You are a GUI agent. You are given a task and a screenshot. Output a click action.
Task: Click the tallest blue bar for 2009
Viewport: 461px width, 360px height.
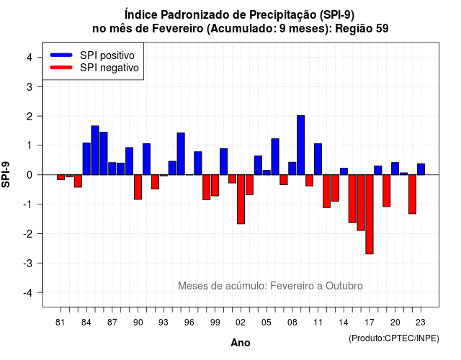(301, 145)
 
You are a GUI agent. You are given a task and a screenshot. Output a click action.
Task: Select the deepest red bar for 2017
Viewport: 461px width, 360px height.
(370, 215)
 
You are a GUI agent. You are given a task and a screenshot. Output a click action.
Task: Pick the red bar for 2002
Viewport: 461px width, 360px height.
(241, 199)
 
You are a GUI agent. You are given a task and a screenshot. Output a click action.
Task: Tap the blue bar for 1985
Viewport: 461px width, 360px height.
(95, 150)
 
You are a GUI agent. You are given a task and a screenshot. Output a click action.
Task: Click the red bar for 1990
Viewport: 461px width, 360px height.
(138, 187)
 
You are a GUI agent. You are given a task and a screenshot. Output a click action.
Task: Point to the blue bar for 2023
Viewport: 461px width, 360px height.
(421, 169)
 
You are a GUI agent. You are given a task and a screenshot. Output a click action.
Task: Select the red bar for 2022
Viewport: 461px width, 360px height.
(413, 194)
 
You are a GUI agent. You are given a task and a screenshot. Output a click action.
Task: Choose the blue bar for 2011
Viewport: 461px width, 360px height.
(318, 159)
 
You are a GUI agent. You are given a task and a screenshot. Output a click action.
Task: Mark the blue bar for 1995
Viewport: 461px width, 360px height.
(181, 153)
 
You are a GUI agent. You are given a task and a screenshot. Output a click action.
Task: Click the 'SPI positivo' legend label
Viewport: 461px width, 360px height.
(107, 55)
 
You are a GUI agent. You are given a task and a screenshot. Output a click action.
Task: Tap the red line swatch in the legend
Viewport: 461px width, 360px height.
(61, 68)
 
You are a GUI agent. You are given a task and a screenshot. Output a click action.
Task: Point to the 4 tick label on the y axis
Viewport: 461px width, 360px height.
(30, 58)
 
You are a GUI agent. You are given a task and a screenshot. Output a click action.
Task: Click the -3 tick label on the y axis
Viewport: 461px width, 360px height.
(27, 264)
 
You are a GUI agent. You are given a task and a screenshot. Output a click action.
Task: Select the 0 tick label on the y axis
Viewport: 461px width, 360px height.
(30, 175)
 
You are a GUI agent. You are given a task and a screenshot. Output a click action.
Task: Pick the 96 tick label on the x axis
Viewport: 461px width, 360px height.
(189, 323)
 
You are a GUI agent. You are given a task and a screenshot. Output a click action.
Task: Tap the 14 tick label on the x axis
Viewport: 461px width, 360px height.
(344, 323)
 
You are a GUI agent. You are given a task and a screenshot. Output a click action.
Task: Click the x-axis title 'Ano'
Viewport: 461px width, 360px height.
(241, 343)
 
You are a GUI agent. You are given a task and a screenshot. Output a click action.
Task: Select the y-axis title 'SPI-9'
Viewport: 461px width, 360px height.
(6, 174)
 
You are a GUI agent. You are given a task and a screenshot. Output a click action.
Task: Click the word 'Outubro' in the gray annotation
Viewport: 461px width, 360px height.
(344, 286)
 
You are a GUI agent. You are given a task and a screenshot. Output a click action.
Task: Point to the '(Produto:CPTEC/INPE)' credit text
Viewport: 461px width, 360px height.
(394, 338)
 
